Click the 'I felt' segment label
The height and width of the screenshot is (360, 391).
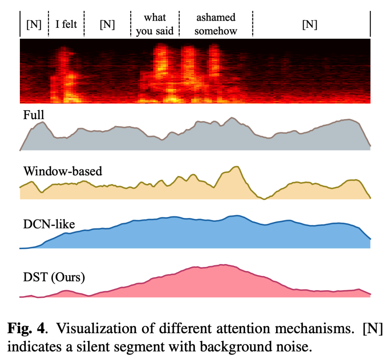(x=66, y=25)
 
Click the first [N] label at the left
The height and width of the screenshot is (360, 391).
(x=34, y=25)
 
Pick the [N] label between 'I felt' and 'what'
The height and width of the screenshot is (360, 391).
(x=107, y=25)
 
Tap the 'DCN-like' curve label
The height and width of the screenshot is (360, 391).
(x=47, y=224)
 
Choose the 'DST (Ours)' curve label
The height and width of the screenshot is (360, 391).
(x=53, y=277)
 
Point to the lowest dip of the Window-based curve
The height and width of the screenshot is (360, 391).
(x=264, y=199)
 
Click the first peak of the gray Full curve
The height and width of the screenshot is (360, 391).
(x=42, y=122)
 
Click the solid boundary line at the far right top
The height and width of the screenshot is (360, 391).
(x=370, y=24)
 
